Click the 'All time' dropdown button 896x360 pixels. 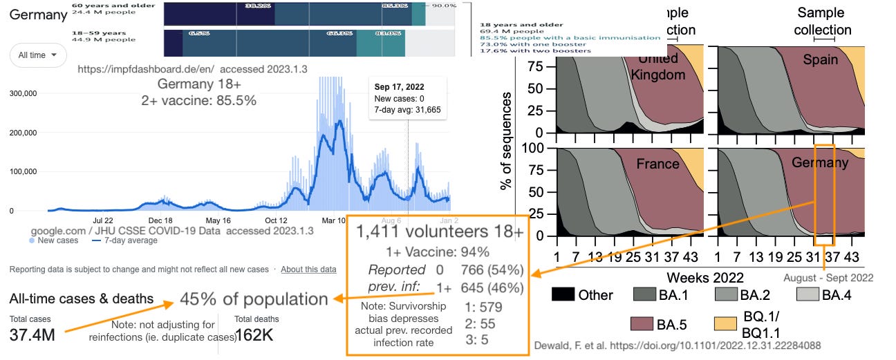(38, 55)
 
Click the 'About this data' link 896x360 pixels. (308, 269)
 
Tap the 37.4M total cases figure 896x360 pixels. (32, 335)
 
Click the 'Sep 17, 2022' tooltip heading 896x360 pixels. (399, 87)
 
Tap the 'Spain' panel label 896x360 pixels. (821, 59)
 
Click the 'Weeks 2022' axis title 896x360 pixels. (705, 277)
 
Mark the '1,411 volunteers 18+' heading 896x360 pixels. (439, 232)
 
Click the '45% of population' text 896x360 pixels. (254, 299)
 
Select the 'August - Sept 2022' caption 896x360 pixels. (828, 278)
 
